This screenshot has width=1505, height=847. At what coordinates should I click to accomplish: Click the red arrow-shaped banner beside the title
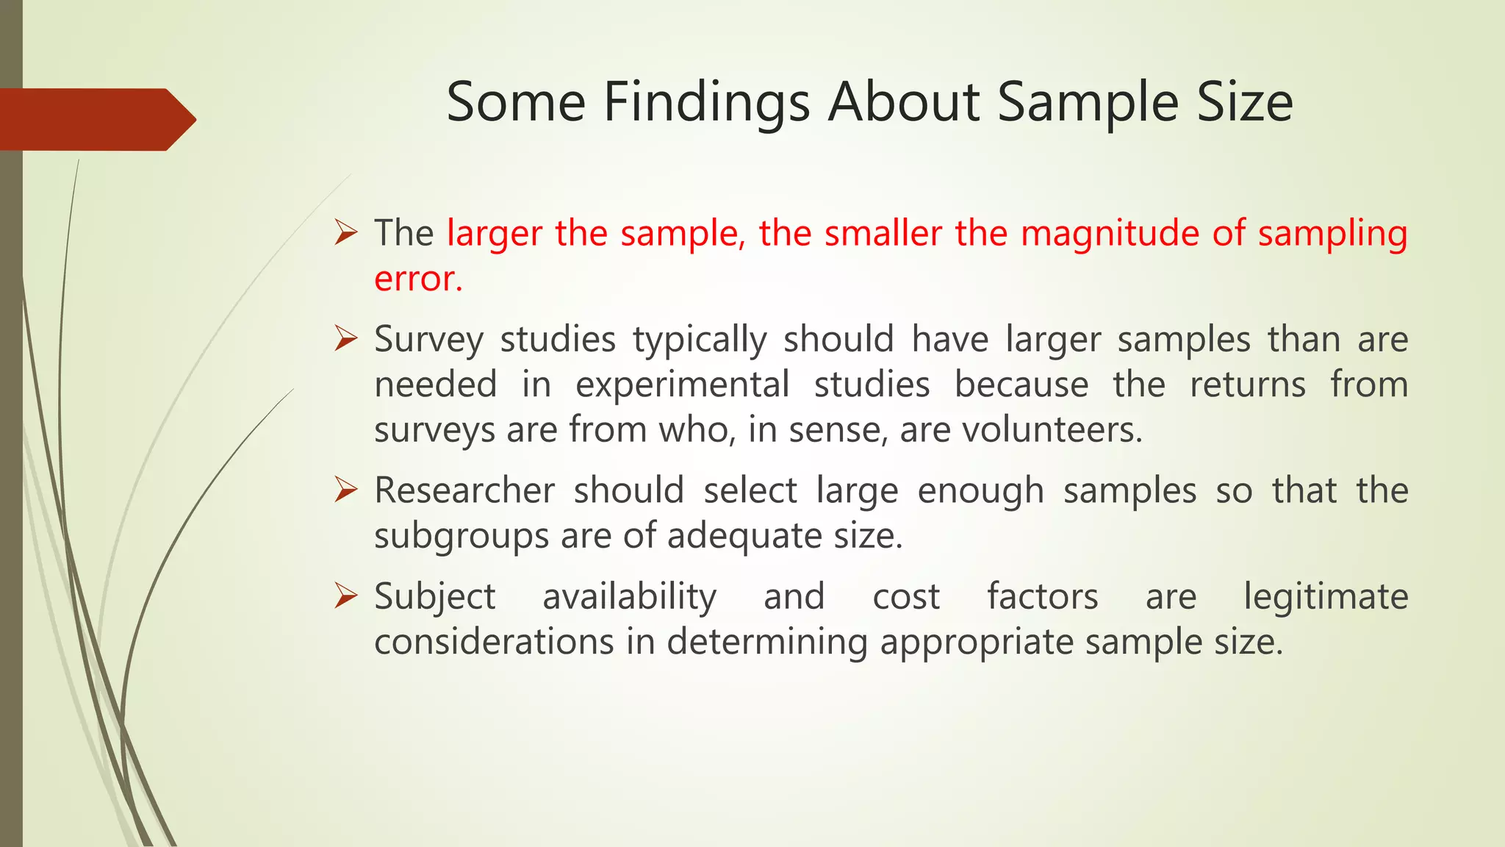point(96,119)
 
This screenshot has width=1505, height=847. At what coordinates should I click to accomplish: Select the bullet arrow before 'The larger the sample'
point(345,233)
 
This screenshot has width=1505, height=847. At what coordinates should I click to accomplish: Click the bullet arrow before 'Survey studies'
point(345,339)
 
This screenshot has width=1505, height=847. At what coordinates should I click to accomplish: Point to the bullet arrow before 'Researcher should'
point(345,490)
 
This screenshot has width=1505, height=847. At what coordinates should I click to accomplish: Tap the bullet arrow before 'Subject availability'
point(345,596)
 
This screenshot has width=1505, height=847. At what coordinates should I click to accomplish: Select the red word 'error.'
point(418,279)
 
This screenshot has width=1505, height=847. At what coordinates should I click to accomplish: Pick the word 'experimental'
point(682,385)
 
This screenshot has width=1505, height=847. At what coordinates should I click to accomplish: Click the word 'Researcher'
point(464,490)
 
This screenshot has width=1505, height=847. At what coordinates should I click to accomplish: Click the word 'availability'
point(629,597)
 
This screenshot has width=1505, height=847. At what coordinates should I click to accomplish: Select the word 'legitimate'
point(1326,597)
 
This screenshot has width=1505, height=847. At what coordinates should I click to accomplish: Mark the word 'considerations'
point(494,641)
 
